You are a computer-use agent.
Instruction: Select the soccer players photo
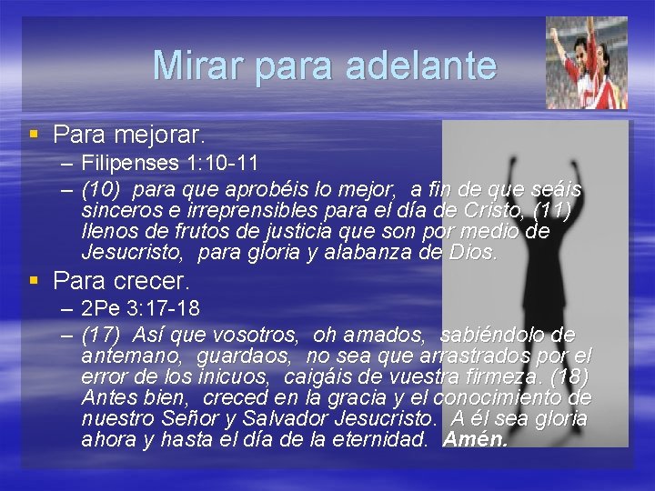pyautogui.click(x=587, y=63)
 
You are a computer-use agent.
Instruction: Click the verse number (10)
pyautogui.click(x=100, y=190)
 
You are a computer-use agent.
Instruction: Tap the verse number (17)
pyautogui.click(x=100, y=334)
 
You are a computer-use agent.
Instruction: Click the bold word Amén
pyautogui.click(x=474, y=440)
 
